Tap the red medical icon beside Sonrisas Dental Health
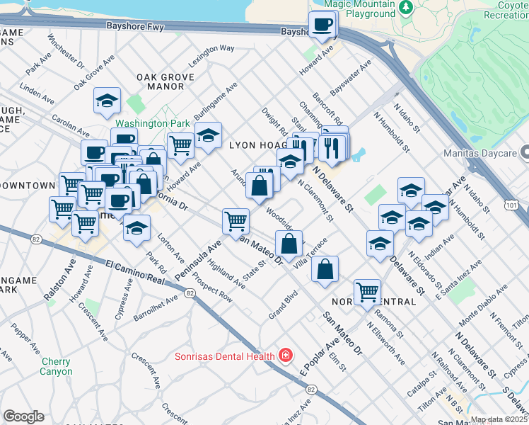pos(286,355)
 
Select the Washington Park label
pos(146,123)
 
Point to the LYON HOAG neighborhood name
pos(259,144)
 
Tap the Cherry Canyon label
pos(57,366)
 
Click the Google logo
pos(23,416)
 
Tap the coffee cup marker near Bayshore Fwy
pos(323,25)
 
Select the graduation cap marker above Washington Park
pos(107,101)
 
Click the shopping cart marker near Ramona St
pos(367,291)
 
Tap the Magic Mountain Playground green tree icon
pos(406,8)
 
